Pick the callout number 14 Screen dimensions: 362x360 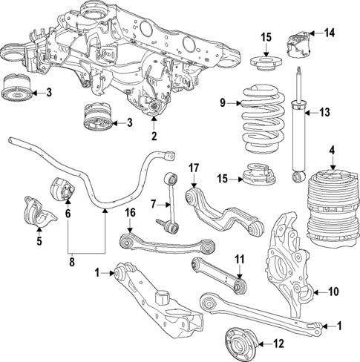pyautogui.click(x=330, y=32)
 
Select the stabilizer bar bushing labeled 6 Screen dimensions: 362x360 pyautogui.click(x=59, y=192)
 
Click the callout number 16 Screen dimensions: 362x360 pyautogui.click(x=130, y=212)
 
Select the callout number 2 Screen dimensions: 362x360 pyautogui.click(x=154, y=136)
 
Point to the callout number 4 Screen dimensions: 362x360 pyautogui.click(x=332, y=151)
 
